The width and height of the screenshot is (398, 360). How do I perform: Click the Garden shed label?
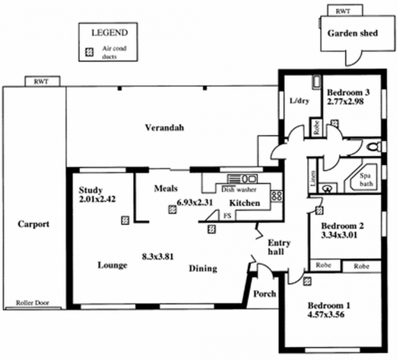pos(353,33)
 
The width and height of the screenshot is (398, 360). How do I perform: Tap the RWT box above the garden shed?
pos(342,10)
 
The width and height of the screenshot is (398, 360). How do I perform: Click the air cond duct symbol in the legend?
pos(90,52)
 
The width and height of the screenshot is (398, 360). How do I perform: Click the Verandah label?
pos(164,128)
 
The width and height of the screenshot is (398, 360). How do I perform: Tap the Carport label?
pos(34,224)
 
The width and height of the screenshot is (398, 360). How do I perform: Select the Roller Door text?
pos(32,302)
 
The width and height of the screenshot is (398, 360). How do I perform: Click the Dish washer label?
pos(238,189)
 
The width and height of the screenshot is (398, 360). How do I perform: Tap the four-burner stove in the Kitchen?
pos(277,196)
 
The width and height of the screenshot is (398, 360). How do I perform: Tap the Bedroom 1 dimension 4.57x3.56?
pos(326,314)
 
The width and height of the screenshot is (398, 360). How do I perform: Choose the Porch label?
pos(265,293)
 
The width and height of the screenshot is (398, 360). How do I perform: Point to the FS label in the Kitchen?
pos(227,216)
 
